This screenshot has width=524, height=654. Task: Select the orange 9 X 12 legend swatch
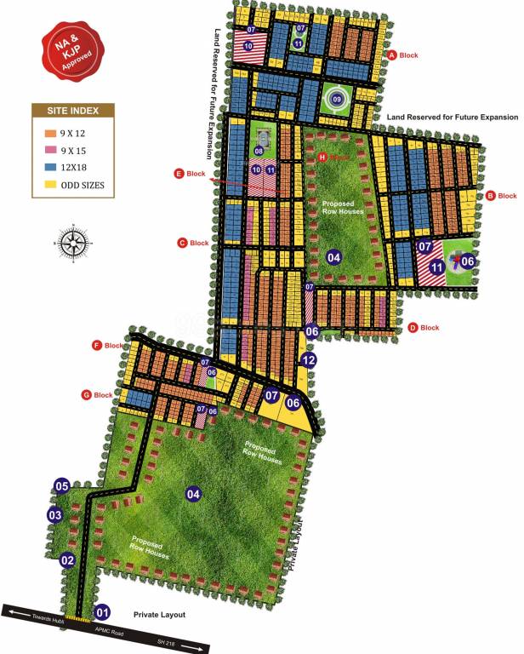(50, 133)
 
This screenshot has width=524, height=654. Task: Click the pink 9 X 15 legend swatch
(50, 150)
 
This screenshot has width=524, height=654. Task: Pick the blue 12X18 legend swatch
(50, 167)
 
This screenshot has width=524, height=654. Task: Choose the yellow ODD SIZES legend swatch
(50, 184)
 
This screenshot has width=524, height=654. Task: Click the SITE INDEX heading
(72, 111)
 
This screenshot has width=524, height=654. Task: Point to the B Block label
(501, 196)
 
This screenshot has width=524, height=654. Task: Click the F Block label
(108, 346)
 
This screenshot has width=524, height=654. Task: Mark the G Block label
(97, 395)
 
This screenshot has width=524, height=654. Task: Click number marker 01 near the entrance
(102, 611)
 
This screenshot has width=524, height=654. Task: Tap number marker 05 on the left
(61, 486)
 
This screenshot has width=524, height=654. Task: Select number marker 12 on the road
(308, 360)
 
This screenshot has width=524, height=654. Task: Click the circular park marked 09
(337, 100)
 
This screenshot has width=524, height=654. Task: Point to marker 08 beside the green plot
(259, 152)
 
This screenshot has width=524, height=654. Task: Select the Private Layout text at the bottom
(160, 614)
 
